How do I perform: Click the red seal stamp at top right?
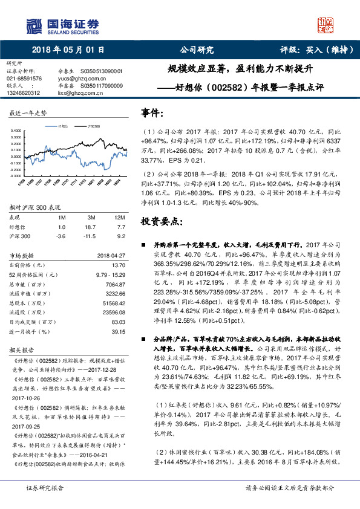pyautogui.click(x=326, y=25)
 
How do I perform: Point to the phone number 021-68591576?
pyautogui.click(x=24, y=79)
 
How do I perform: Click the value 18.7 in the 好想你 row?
pyautogui.click(x=92, y=226)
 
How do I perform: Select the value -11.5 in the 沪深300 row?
pyautogui.click(x=91, y=235)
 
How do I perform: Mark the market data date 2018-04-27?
pyautogui.click(x=111, y=256)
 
